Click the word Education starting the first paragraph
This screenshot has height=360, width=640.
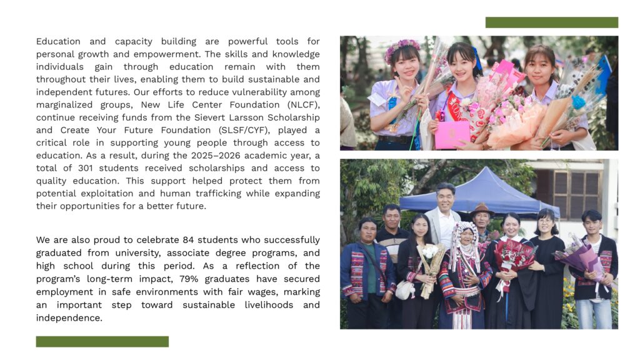pyautogui.click(x=59, y=41)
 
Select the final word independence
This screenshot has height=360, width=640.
pyautogui.click(x=69, y=317)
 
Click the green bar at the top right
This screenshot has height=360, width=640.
pyautogui.click(x=551, y=22)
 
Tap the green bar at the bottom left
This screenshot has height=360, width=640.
pyautogui.click(x=102, y=341)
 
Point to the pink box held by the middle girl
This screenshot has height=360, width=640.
pyautogui.click(x=452, y=134)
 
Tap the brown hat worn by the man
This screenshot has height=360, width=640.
pyautogui.click(x=482, y=207)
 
